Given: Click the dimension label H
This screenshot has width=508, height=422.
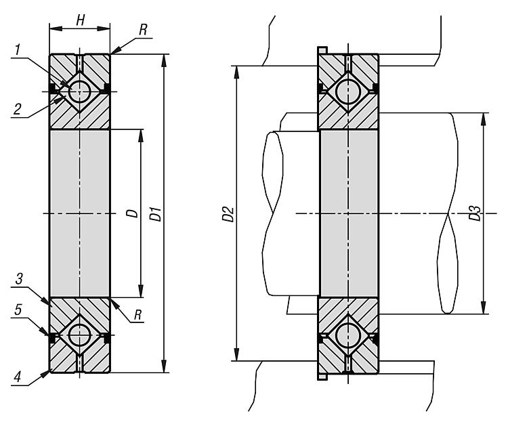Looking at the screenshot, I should [80, 20].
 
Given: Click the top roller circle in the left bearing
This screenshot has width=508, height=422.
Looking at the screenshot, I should [79, 91].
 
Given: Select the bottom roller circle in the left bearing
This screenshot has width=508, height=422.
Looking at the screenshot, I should [79, 335].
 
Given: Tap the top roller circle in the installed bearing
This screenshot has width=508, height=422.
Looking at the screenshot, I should [348, 91].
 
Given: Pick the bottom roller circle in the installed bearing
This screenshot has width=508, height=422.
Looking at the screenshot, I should [348, 335].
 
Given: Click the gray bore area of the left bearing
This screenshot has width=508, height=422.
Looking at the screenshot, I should [79, 213].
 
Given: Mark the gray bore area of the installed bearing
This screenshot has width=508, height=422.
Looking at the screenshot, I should [348, 213].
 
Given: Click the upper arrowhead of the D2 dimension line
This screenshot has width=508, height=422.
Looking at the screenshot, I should [236, 70].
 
